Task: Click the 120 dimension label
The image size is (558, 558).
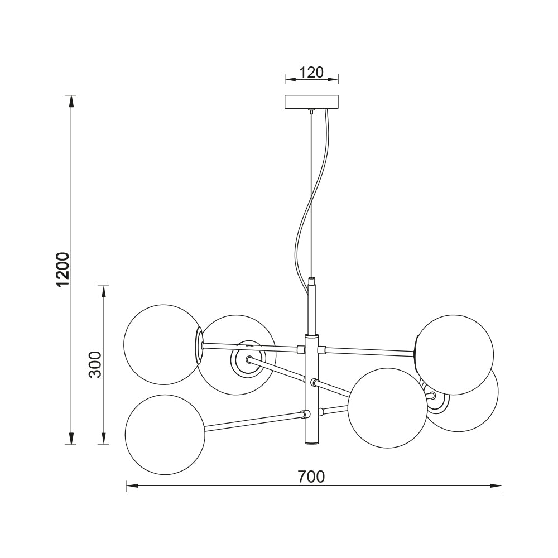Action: click(x=312, y=73)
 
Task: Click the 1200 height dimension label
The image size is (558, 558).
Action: click(x=63, y=270)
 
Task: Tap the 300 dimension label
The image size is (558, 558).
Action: click(x=95, y=364)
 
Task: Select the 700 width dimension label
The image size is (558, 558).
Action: click(x=311, y=476)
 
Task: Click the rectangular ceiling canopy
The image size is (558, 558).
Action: click(x=312, y=102)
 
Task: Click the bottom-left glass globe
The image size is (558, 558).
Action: click(x=165, y=435)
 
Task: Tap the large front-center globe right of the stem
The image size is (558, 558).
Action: click(x=387, y=408)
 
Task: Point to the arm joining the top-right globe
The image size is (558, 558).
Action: click(x=368, y=351)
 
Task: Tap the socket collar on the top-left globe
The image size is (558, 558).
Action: click(x=199, y=346)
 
